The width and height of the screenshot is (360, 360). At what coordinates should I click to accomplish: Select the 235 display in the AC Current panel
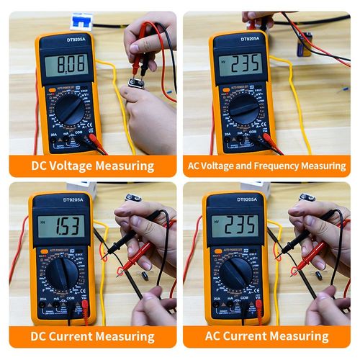pos(235,225)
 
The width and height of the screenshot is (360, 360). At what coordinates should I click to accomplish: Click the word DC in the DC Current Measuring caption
pos(40,336)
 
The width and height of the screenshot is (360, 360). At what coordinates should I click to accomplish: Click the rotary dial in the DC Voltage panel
pos(70,110)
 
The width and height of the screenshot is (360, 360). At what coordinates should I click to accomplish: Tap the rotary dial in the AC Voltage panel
pos(245,109)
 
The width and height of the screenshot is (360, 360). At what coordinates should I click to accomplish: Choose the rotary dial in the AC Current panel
pos(235,272)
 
